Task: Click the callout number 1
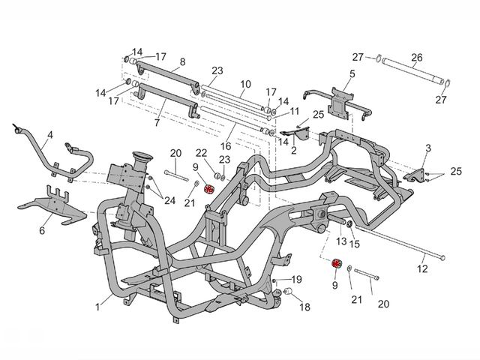click(x=97, y=307)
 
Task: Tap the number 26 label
click(x=417, y=58)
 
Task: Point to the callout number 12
click(x=422, y=268)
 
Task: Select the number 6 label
click(x=42, y=230)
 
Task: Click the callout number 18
click(x=305, y=307)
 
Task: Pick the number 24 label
click(x=170, y=200)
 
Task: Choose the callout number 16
click(x=226, y=146)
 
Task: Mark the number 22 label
click(x=202, y=153)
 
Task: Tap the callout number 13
click(x=341, y=241)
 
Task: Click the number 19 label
click(x=297, y=279)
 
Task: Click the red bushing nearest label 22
click(x=208, y=189)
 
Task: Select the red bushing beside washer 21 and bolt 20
click(x=337, y=263)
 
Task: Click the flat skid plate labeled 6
click(x=52, y=205)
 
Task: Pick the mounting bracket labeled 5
click(x=339, y=101)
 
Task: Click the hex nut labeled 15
click(x=349, y=226)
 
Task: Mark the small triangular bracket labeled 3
click(x=415, y=176)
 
